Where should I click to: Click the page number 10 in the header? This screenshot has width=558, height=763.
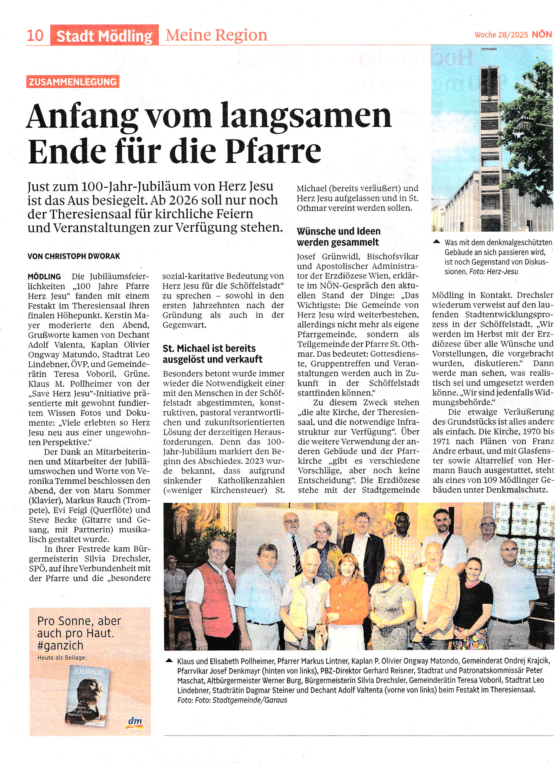point(35,35)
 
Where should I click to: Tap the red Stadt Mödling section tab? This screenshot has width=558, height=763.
point(104,35)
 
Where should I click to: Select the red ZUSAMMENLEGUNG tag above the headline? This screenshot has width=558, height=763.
point(73,82)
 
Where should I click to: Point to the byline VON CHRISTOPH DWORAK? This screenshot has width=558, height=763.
point(74,256)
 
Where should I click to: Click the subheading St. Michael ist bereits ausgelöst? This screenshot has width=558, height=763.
point(212,353)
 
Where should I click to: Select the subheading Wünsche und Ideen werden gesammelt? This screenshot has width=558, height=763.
point(338,237)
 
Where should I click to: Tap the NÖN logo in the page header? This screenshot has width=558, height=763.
point(542,34)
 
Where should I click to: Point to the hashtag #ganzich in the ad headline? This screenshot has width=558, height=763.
point(60,645)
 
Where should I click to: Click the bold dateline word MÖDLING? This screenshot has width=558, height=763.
point(44,277)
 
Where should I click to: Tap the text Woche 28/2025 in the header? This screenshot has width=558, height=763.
point(501,35)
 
